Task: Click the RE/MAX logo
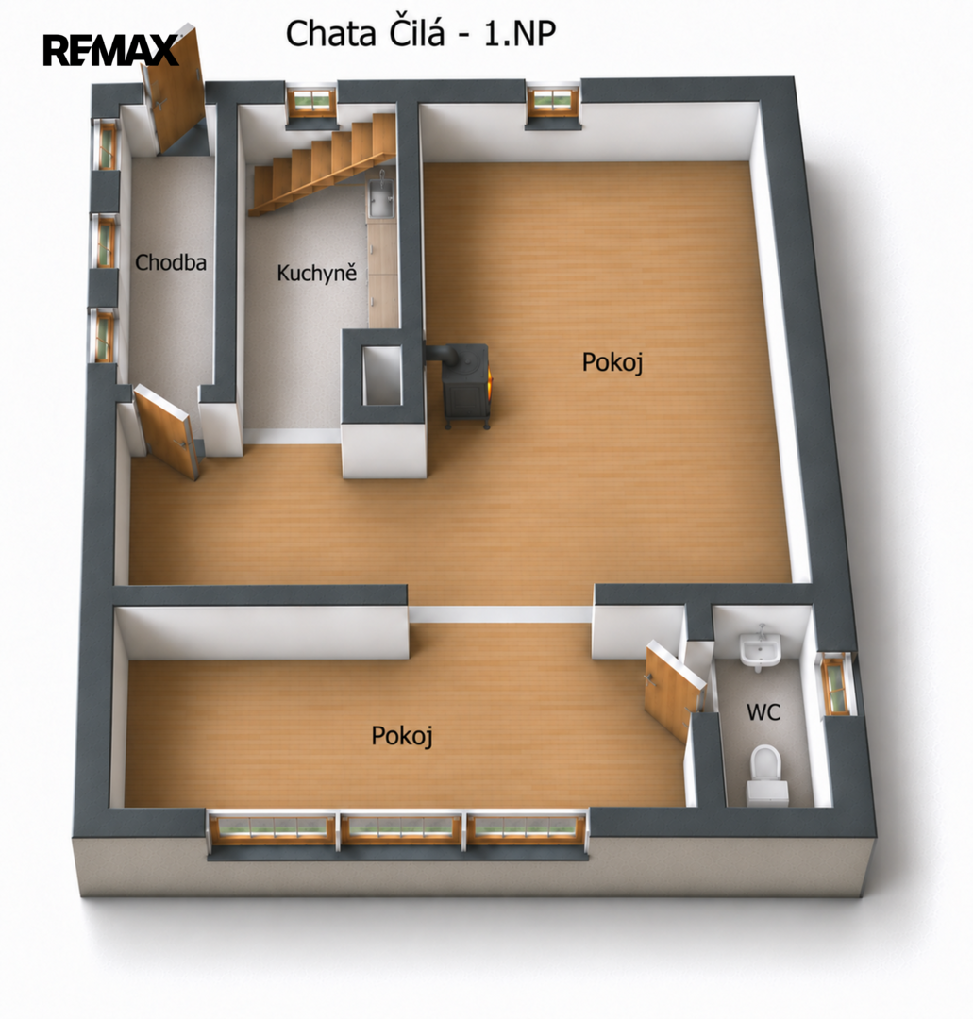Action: [110, 50]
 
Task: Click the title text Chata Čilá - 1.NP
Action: [421, 33]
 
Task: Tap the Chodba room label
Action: [170, 262]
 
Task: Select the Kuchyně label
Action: [316, 273]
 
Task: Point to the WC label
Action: [763, 712]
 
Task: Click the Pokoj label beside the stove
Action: [612, 362]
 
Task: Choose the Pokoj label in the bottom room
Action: [402, 736]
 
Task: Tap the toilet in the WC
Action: [766, 776]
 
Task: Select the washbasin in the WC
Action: [760, 648]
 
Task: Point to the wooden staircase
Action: [323, 165]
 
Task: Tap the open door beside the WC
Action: [673, 691]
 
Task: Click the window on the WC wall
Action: [836, 684]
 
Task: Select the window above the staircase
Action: [311, 101]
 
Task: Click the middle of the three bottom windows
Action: [401, 828]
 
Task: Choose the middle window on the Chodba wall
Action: [106, 241]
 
